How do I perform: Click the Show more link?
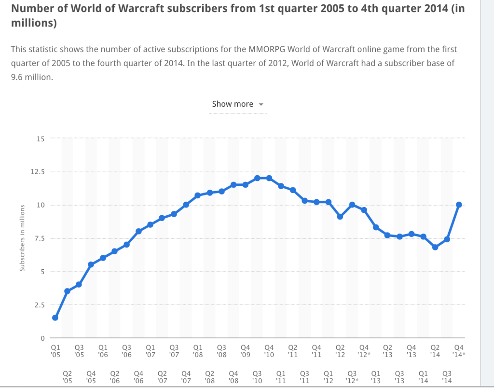[x=232, y=104]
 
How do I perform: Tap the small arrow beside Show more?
[x=261, y=105]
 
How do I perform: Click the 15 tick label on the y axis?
[x=40, y=139]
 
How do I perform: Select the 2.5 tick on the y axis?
[x=39, y=305]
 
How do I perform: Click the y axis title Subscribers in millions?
[x=22, y=239]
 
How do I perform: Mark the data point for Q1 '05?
[x=55, y=318]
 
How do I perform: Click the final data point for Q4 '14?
[x=459, y=205]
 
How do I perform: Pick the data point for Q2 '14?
[x=435, y=247]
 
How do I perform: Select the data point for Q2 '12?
[x=340, y=217]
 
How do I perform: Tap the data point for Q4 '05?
[x=91, y=264]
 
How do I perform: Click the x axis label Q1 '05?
[x=55, y=350]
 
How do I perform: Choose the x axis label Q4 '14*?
[x=460, y=350]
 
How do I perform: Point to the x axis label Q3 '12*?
[x=353, y=377]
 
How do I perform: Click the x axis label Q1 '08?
[x=198, y=350]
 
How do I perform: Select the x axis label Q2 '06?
[x=115, y=377]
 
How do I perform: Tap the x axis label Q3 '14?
[x=447, y=377]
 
